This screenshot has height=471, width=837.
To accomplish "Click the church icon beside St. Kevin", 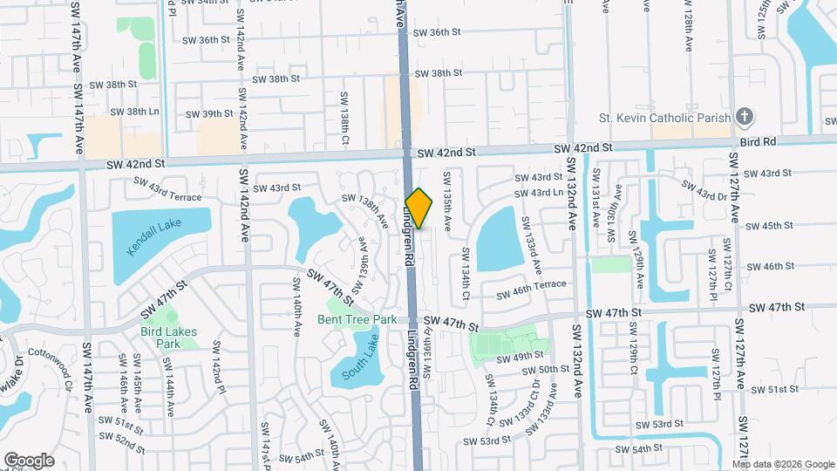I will (744, 116).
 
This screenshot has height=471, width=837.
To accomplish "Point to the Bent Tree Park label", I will (357, 319).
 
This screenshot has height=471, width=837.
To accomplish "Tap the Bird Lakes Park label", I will (168, 337).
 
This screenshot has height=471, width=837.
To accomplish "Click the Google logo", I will (29, 460).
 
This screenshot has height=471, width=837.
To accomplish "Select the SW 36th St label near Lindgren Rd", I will (433, 32).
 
